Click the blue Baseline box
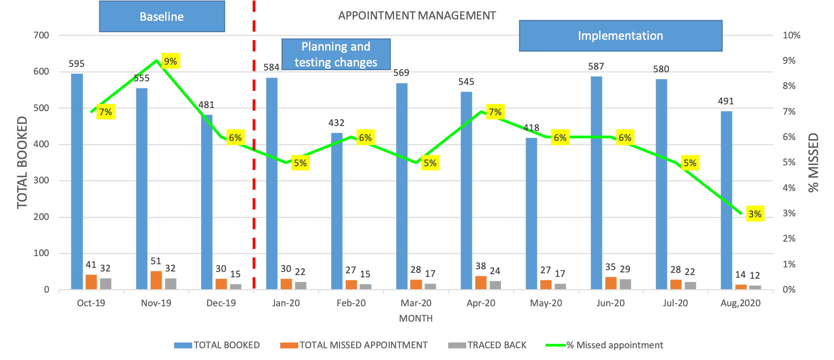coord(162,17)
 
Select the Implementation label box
coord(620,36)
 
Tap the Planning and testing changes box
coord(336,54)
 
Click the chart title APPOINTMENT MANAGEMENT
coord(417,16)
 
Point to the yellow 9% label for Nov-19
coord(170,61)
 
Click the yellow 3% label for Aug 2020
coord(755,214)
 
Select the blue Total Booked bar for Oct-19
coord(77,181)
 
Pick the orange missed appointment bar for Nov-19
coord(156,280)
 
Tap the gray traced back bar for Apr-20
coord(495,285)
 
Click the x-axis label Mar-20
coord(416,303)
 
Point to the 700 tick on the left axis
coord(41,35)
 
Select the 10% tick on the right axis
coord(791,35)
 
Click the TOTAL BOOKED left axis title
coord(22,163)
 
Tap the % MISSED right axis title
coord(813,163)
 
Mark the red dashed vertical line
coord(254,181)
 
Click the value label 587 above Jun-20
coord(596,66)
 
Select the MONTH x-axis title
coord(416,318)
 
